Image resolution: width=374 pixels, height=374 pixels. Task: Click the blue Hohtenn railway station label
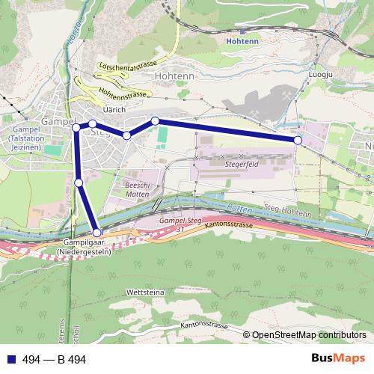(241, 42)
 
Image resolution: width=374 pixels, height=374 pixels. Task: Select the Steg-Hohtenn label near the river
(288, 211)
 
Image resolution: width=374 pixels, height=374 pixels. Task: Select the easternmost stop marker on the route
(298, 140)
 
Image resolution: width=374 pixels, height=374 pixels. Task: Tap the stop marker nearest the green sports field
(156, 120)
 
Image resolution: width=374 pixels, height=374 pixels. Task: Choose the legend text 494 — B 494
(54, 359)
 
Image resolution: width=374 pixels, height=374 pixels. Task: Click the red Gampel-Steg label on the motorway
(180, 221)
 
